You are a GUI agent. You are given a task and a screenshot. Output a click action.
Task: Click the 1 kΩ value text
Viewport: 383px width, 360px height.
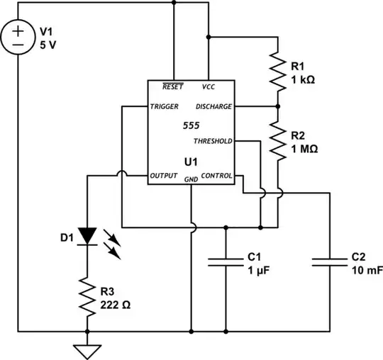point(303,80)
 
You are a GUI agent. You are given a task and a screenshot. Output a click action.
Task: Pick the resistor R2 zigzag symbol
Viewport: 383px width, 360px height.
point(277,139)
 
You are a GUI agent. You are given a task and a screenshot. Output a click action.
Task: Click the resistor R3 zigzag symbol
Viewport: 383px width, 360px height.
point(87,297)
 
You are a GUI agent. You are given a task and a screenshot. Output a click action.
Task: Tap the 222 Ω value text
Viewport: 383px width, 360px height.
point(116,305)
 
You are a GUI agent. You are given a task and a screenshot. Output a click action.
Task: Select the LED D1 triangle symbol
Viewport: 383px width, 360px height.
point(87,235)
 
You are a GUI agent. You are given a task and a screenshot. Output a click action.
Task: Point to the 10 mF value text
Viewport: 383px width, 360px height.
point(367,270)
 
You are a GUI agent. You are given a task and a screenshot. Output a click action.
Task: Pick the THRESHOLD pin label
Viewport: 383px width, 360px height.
point(213,141)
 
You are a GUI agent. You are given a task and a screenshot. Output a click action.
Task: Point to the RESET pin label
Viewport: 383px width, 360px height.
point(172,86)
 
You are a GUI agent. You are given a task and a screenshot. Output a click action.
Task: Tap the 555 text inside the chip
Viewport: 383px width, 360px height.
point(191,125)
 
